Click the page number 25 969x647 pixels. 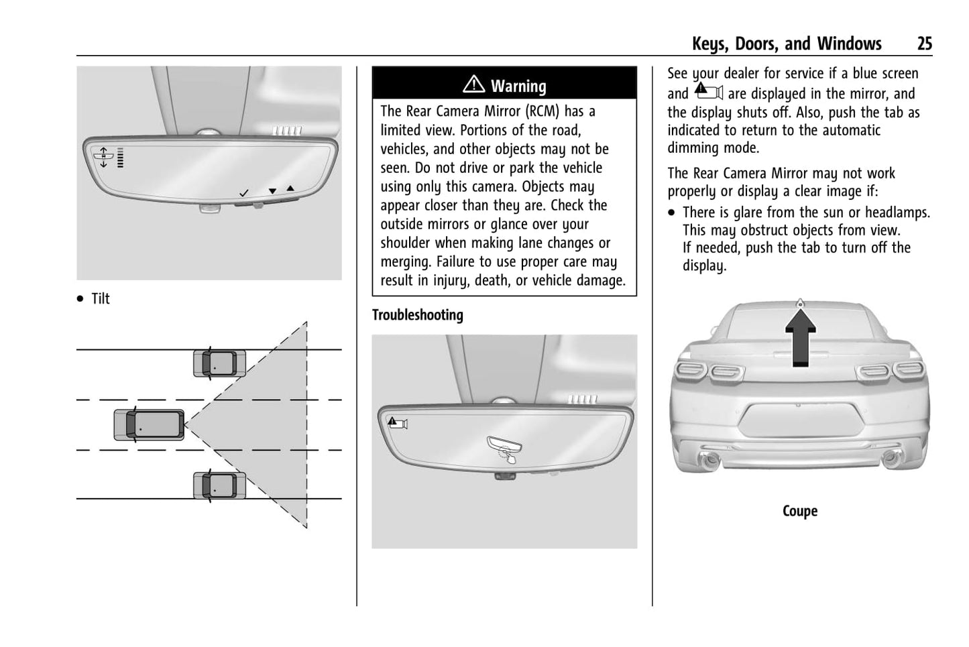pos(924,44)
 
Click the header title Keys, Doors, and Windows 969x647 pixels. pos(786,44)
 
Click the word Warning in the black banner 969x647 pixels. pos(518,86)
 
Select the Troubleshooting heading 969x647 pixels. pos(417,315)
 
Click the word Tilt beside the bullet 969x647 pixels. pos(101,299)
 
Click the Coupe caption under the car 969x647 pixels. pos(799,511)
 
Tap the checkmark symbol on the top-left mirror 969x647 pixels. pos(244,193)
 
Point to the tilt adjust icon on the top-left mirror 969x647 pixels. pos(104,156)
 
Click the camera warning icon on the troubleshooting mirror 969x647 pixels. pos(398,423)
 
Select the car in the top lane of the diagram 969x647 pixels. pos(219,363)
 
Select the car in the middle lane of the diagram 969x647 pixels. pos(149,424)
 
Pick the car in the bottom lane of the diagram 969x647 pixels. pos(219,485)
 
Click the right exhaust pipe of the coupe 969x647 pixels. pos(891,459)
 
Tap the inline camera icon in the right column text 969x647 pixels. pos(708,92)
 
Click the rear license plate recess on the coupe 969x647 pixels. pos(801,420)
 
